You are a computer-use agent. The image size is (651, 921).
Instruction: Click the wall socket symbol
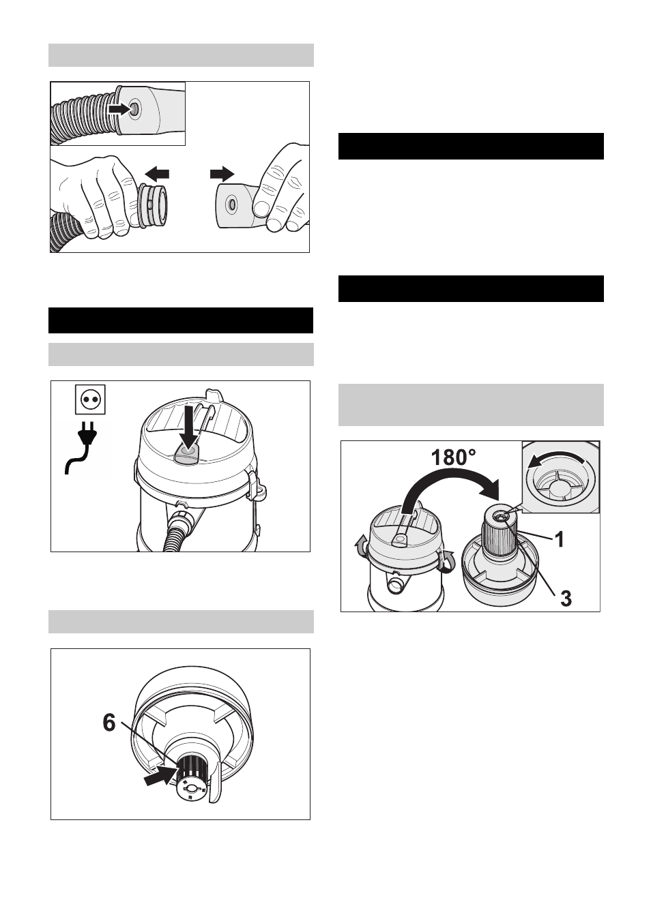click(90, 399)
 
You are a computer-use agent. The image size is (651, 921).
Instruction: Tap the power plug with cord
click(82, 448)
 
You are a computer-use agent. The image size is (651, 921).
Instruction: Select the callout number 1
click(560, 539)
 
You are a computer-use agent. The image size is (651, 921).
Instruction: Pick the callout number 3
click(566, 599)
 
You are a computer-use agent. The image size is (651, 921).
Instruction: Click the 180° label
click(453, 457)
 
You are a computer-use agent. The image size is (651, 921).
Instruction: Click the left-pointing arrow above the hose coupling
click(157, 175)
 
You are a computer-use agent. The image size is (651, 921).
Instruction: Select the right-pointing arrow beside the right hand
click(222, 175)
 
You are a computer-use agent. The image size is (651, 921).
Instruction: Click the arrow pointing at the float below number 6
click(160, 776)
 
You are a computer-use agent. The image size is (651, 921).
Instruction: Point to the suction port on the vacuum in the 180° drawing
click(396, 583)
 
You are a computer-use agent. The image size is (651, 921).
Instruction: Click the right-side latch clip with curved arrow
click(447, 560)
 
